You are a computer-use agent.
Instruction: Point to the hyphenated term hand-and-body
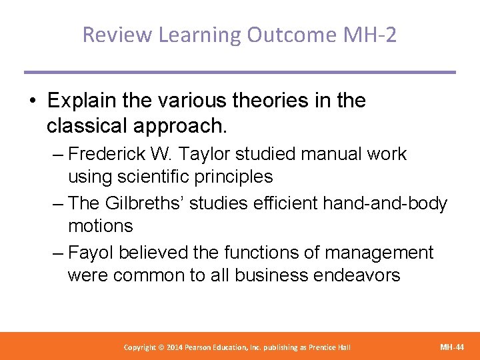pos(385,203)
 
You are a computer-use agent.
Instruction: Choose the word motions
pos(100,226)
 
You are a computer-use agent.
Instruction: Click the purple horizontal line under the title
pos(239,72)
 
